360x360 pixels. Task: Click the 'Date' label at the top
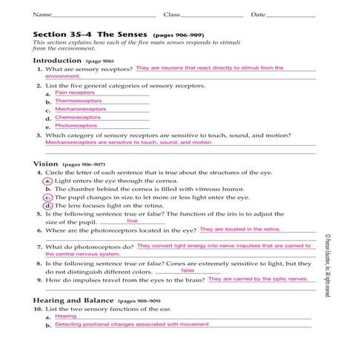coord(259,15)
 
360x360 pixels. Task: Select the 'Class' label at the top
coord(171,15)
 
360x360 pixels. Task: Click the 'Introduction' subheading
coord(57,60)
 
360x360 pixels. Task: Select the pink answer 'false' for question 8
coord(188,270)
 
